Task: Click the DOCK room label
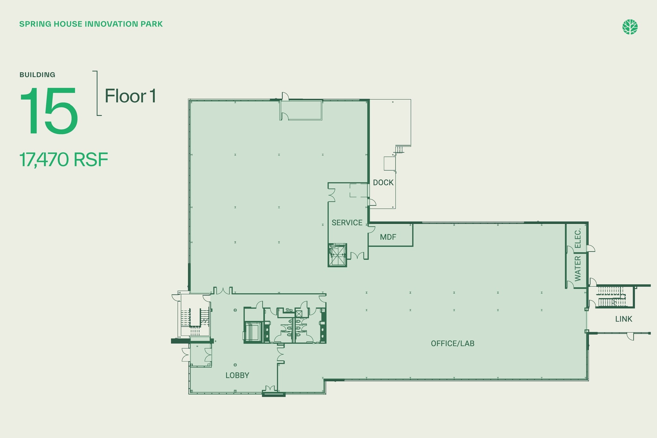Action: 383,183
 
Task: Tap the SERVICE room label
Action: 347,223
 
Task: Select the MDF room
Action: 388,237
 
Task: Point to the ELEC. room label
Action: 578,238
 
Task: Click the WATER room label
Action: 578,269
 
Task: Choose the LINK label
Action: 624,319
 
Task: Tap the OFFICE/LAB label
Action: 452,343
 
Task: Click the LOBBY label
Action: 237,375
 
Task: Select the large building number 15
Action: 49,111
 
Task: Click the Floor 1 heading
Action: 130,96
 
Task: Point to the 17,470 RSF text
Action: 64,160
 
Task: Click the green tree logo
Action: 630,27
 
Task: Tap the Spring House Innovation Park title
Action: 91,24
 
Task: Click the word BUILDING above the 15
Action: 37,75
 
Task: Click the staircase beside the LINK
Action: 611,296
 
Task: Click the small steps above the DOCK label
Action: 399,150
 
